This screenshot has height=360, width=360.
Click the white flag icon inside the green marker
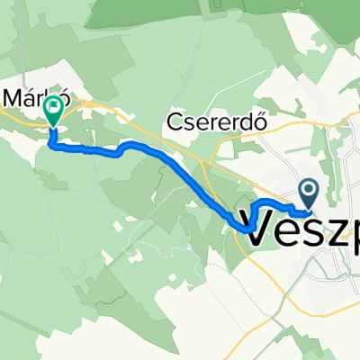click(54, 108)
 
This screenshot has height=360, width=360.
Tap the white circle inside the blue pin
click(308, 189)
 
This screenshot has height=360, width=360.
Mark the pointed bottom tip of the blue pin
click(308, 206)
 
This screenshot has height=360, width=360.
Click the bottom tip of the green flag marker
click(54, 126)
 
